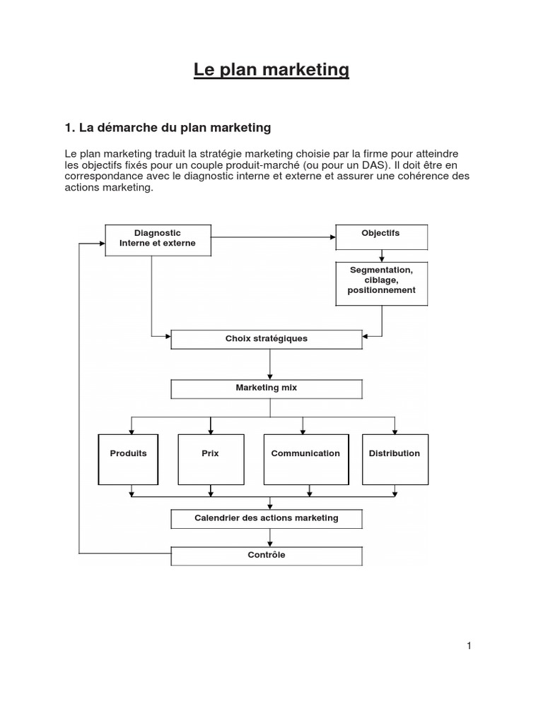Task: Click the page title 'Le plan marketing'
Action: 271,70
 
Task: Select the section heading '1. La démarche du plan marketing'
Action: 168,128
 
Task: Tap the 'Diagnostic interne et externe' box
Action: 158,240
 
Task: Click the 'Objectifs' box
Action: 381,237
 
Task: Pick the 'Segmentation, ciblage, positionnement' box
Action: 381,284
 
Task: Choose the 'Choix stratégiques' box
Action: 267,340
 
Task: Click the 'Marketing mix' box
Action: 267,389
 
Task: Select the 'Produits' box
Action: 129,459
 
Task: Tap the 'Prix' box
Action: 211,459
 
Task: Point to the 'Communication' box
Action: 306,459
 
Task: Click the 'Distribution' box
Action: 395,459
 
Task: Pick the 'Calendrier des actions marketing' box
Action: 267,519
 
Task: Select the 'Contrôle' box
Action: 267,556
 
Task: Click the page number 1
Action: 469,646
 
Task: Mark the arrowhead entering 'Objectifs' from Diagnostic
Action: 333,237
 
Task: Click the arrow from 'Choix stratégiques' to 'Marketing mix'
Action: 269,364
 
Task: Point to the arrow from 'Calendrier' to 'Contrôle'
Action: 269,537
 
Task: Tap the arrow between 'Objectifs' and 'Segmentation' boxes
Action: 381,256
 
